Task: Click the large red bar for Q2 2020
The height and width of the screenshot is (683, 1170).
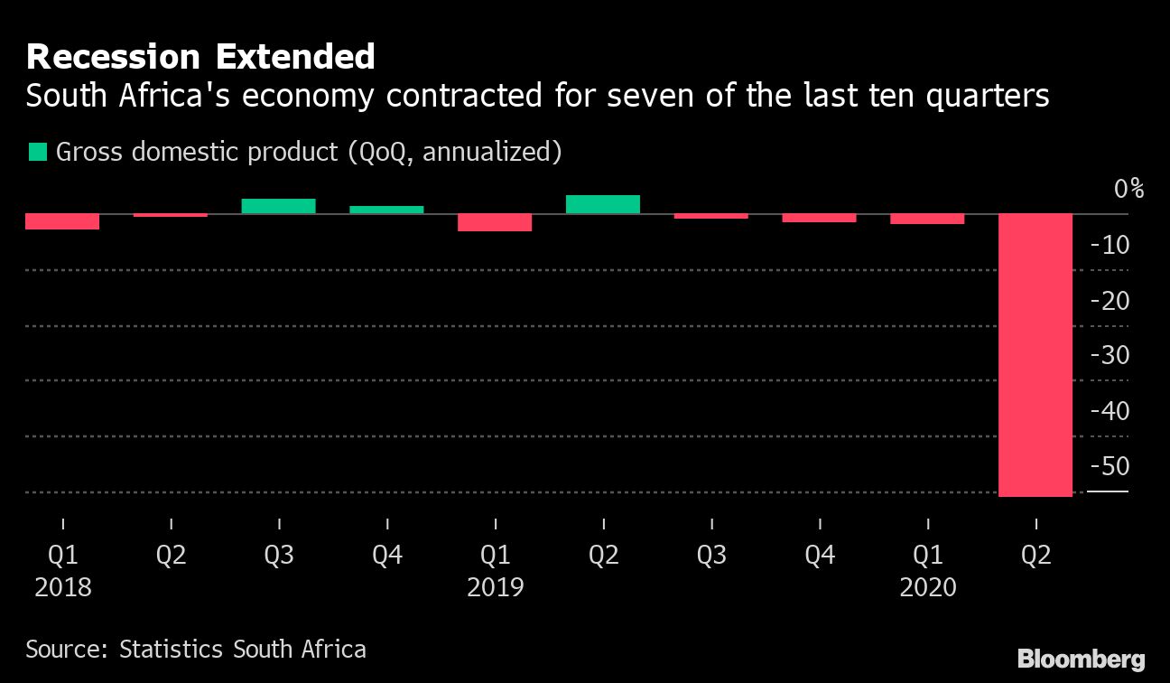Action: click(x=1035, y=355)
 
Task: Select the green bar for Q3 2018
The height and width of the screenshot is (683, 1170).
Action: click(x=278, y=206)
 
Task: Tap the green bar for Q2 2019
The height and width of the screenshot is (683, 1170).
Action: click(x=603, y=204)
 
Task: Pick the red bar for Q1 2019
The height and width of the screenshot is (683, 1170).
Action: click(x=495, y=222)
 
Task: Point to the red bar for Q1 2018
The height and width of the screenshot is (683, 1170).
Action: click(x=62, y=221)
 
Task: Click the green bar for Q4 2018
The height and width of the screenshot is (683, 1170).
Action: click(x=386, y=210)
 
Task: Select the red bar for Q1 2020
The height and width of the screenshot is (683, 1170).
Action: click(x=927, y=219)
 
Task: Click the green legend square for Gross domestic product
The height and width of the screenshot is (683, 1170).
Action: click(x=38, y=152)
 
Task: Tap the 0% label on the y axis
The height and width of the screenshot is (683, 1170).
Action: click(x=1128, y=189)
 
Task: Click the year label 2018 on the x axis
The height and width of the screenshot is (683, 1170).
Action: click(x=62, y=588)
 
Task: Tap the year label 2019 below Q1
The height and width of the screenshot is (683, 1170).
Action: click(x=495, y=588)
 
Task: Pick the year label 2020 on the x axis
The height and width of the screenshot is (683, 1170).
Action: click(x=927, y=588)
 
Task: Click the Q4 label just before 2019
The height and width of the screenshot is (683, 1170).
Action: click(x=386, y=555)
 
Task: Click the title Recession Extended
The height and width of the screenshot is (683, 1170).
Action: click(x=200, y=57)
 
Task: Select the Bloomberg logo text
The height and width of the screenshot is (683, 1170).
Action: click(x=1081, y=659)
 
